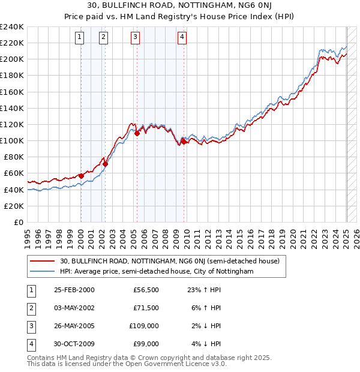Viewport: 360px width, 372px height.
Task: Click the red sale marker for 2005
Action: pyautogui.click(x=137, y=133)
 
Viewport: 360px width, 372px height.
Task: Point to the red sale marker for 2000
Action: pyautogui.click(x=81, y=176)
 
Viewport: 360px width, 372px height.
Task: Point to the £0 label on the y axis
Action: pyautogui.click(x=18, y=222)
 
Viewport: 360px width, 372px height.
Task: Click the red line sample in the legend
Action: pyautogui.click(x=43, y=261)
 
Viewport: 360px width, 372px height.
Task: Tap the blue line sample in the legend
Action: pyautogui.click(x=43, y=271)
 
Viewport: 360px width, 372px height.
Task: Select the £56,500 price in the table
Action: pyautogui.click(x=146, y=290)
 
